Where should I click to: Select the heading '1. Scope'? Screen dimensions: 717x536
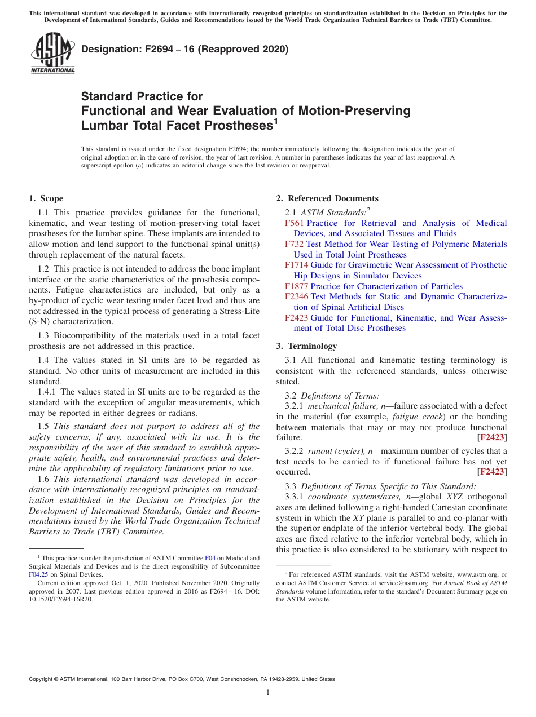[46, 198]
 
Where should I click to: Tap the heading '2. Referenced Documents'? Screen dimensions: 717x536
[327, 198]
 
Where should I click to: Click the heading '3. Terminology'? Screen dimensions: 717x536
[306, 346]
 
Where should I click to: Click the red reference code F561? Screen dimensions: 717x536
[295, 223]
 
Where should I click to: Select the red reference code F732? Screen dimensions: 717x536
[295, 244]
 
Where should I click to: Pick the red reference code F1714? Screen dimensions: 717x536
[297, 265]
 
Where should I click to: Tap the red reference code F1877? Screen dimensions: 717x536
[297, 286]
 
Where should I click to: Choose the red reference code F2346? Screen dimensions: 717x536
[297, 296]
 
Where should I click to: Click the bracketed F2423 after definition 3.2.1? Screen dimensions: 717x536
[492, 437]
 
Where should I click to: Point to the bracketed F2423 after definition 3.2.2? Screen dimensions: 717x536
[492, 472]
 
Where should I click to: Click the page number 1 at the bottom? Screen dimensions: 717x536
[268, 693]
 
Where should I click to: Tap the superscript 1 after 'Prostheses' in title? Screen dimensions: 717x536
[276, 120]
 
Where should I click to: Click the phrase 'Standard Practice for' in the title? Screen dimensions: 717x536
[142, 96]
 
